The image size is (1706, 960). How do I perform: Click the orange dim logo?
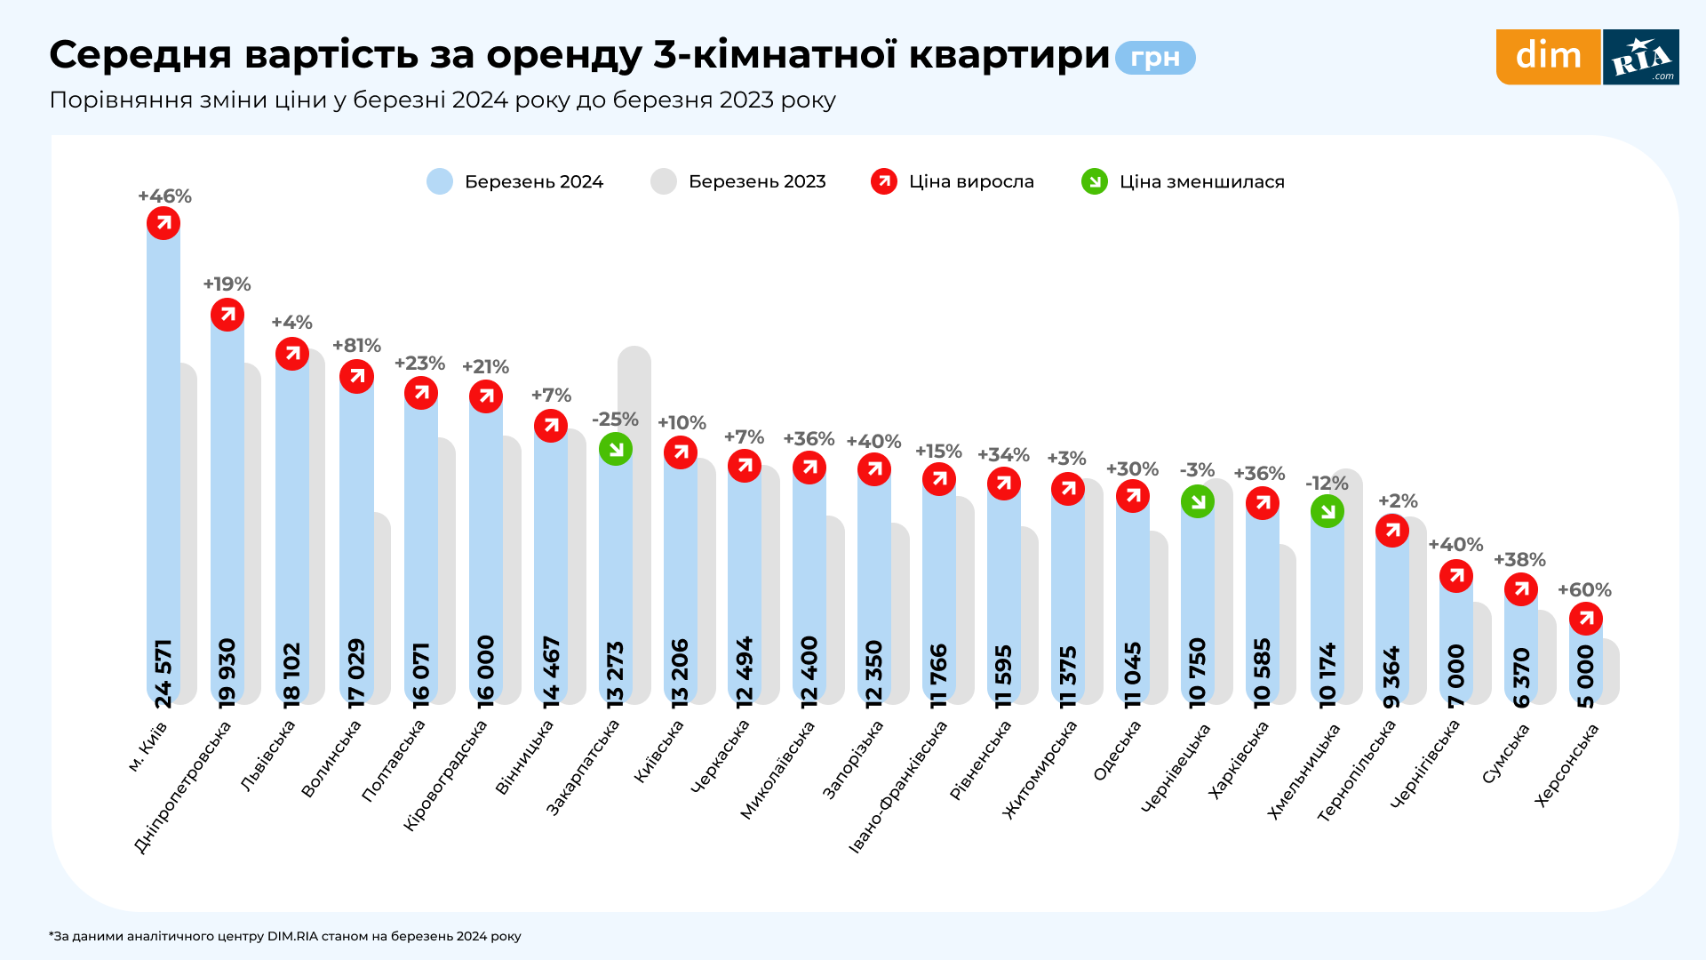1548,57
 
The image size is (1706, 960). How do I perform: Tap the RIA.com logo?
1641,57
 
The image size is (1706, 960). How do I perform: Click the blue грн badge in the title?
1155,58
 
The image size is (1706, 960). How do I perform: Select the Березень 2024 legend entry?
515,181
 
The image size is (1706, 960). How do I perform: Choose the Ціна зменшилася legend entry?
1183,181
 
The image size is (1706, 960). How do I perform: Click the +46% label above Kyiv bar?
164,196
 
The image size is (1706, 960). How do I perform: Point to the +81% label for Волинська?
356,346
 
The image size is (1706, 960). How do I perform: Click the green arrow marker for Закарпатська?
616,449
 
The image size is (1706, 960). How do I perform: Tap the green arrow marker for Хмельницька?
1327,511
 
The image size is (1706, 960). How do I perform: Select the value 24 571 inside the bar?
163,673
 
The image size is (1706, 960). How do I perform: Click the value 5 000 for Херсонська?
1586,676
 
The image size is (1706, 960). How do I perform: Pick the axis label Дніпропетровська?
183,787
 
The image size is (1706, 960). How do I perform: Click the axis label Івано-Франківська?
898,787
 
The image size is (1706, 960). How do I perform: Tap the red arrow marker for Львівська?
292,354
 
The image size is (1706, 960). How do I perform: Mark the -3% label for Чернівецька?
1197,470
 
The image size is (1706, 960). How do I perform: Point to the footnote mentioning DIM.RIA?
284,936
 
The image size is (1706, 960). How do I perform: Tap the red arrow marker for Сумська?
1521,589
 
